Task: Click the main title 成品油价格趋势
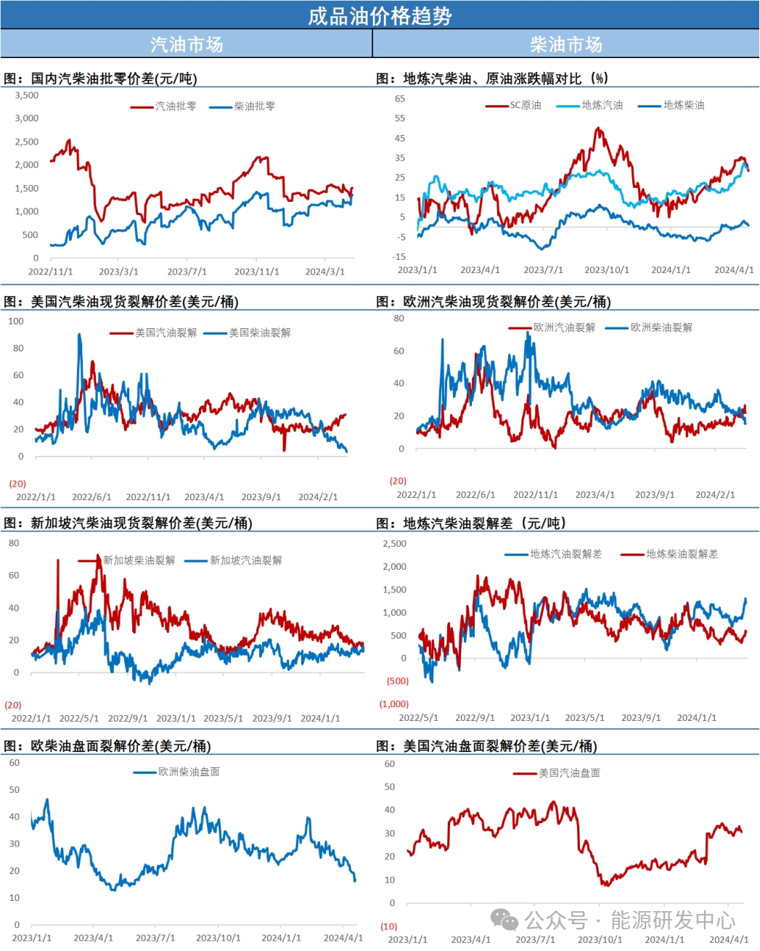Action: click(380, 15)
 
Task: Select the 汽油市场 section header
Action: click(187, 44)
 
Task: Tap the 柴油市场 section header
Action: click(566, 44)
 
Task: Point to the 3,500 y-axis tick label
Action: click(27, 95)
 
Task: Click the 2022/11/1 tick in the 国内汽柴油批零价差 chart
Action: click(50, 272)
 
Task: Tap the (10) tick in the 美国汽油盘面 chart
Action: click(389, 926)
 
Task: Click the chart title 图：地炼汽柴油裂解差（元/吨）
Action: click(471, 523)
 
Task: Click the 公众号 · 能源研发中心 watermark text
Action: click(629, 921)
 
